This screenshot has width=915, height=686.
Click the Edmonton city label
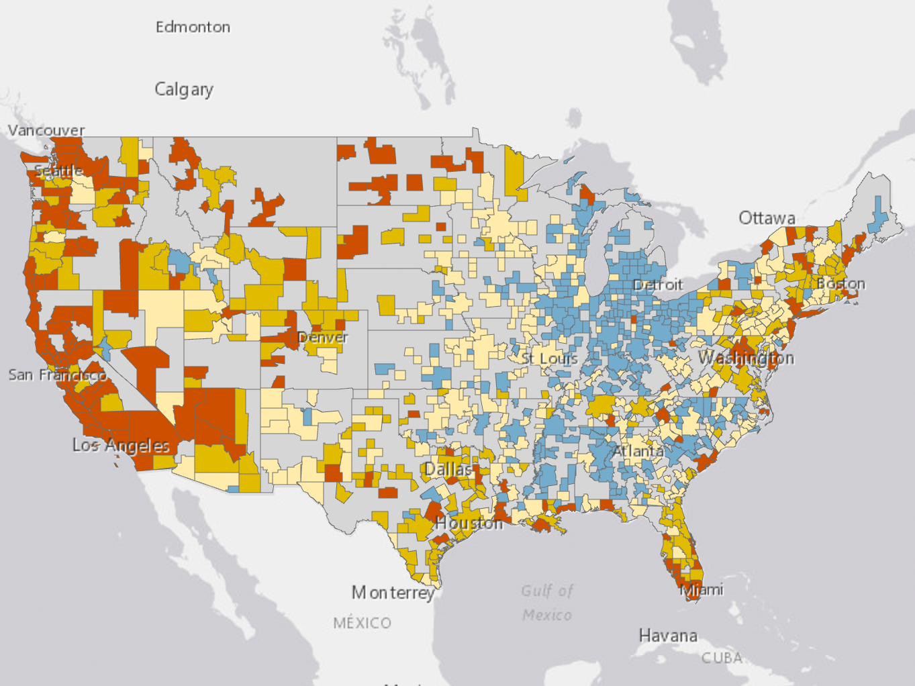193,27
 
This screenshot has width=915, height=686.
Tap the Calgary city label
184,89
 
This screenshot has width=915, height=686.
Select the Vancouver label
46,130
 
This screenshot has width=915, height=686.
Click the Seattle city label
59,170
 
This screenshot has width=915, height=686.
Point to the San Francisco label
57,375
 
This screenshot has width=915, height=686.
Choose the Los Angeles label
121,446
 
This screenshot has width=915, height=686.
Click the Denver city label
322,337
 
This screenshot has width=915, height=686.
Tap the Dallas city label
448,469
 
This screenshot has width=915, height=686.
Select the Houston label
469,523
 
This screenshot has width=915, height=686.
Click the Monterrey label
393,593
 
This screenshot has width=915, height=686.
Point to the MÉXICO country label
362,623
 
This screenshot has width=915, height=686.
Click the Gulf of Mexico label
547,603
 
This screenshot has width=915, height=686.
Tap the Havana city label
667,636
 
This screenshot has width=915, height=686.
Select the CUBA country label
722,658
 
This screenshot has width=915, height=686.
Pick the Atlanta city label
638,451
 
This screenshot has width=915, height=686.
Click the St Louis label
550,358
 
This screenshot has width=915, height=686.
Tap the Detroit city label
657,285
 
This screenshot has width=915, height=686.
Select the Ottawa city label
767,218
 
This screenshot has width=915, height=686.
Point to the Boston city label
840,284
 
